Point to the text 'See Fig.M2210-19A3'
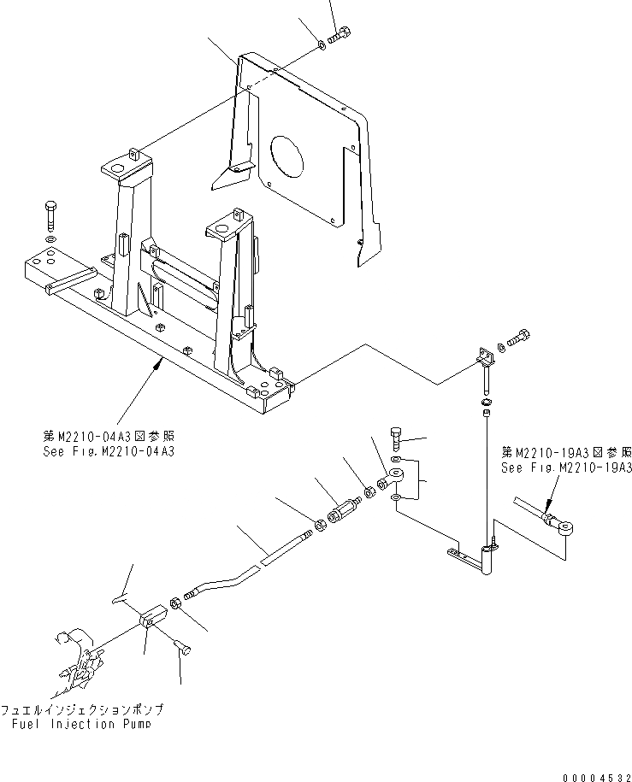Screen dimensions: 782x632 pos(566,467)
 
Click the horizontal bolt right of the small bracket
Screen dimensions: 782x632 pos(521,338)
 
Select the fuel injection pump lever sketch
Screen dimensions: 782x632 pos(81,663)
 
